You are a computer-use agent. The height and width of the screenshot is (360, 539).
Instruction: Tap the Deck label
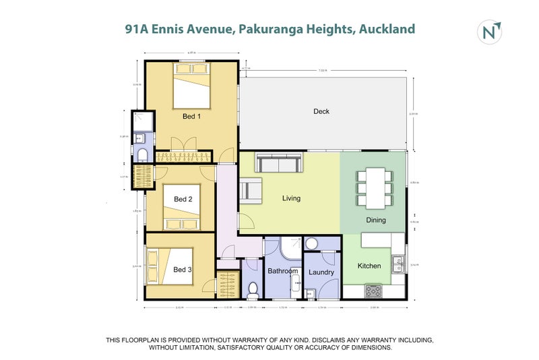(321, 111)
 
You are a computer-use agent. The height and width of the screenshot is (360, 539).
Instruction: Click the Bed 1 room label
(192, 117)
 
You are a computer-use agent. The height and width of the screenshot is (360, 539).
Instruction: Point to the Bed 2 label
(183, 199)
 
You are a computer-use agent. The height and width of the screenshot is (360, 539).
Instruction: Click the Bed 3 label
(183, 270)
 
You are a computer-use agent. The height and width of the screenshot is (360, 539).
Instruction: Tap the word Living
(291, 198)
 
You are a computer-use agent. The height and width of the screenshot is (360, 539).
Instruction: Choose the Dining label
(376, 220)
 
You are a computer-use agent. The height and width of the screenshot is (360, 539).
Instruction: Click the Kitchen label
(369, 266)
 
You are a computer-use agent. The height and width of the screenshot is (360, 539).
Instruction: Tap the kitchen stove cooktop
(373, 291)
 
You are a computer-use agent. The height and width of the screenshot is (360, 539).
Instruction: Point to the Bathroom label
(283, 271)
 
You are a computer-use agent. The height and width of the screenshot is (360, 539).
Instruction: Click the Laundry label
(321, 272)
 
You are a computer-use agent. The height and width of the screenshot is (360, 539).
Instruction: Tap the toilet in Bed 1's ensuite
(142, 155)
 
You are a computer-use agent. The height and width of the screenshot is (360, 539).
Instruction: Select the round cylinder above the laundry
(312, 243)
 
